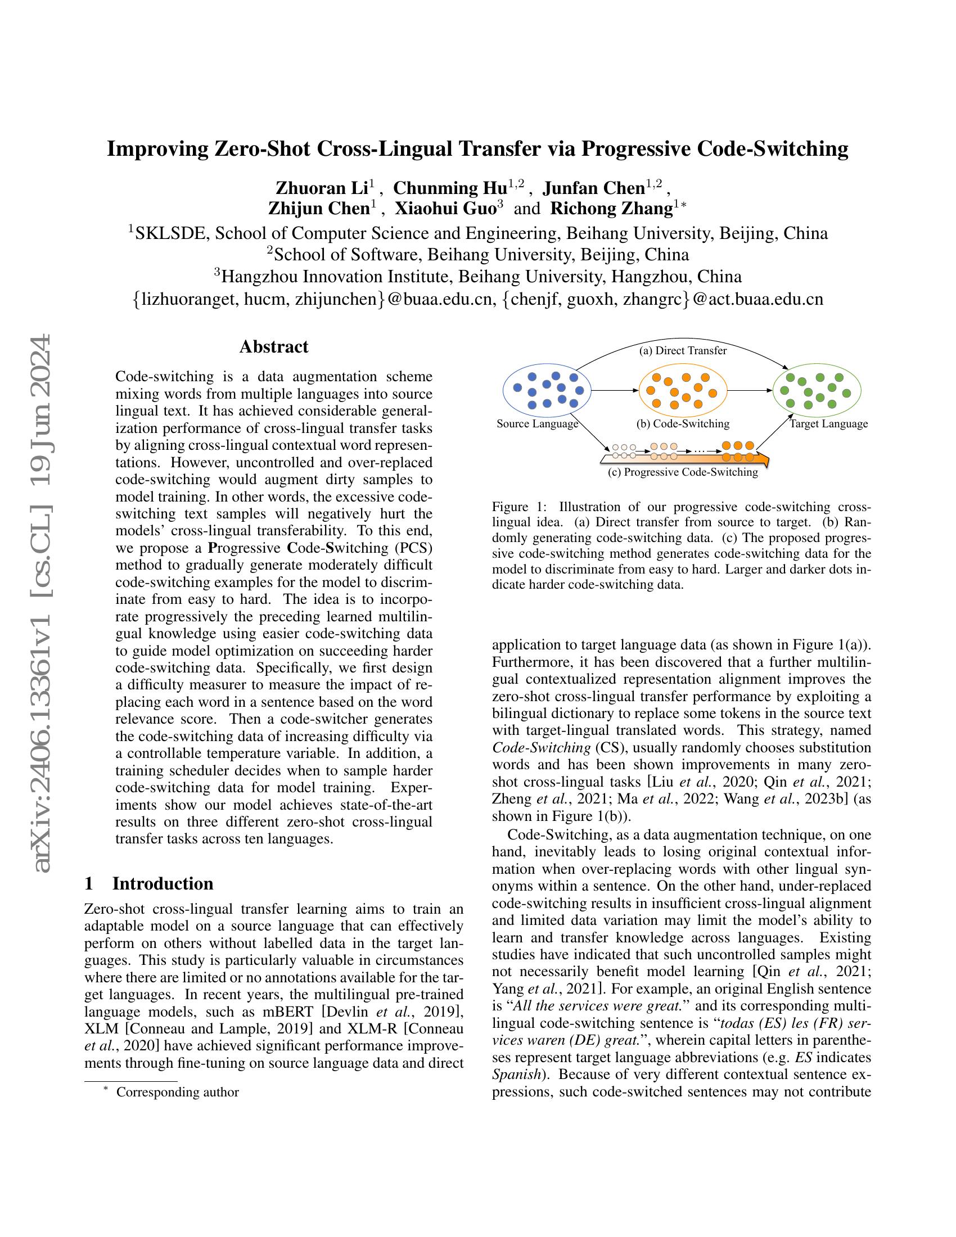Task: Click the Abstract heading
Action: tap(273, 346)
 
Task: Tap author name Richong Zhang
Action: tap(611, 209)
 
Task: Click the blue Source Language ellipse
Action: tap(547, 390)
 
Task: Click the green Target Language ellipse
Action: tap(817, 390)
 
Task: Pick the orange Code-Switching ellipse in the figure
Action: tap(683, 390)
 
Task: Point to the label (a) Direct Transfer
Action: tap(683, 351)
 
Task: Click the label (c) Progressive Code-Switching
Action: tap(683, 472)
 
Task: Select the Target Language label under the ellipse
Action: tap(828, 423)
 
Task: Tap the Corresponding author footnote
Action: tap(177, 1092)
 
